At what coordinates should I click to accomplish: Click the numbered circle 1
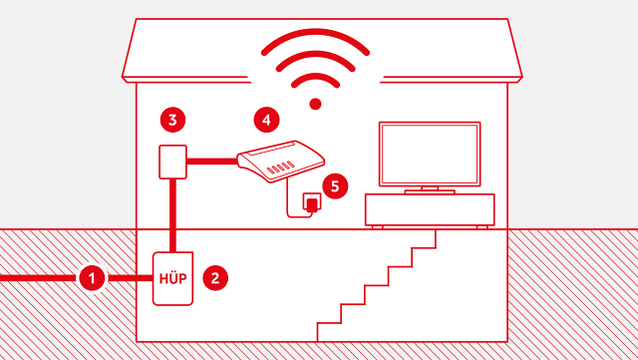click(92, 278)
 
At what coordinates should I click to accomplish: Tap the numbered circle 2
click(215, 278)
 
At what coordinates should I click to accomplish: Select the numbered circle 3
click(172, 120)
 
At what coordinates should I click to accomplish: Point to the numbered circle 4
click(266, 120)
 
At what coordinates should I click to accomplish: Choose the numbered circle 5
click(335, 186)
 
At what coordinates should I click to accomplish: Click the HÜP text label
click(172, 278)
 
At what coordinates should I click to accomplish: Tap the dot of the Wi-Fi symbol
click(315, 104)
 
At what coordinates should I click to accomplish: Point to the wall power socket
click(312, 202)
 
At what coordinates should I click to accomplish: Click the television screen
click(430, 155)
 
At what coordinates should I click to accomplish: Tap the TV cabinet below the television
click(430, 209)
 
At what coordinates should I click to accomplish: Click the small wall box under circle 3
click(172, 162)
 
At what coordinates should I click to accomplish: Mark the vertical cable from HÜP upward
click(172, 215)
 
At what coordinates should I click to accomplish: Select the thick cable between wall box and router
click(212, 162)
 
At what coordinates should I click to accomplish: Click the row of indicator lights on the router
click(280, 167)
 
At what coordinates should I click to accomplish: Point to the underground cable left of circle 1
click(40, 278)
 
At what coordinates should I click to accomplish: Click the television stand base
click(430, 191)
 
